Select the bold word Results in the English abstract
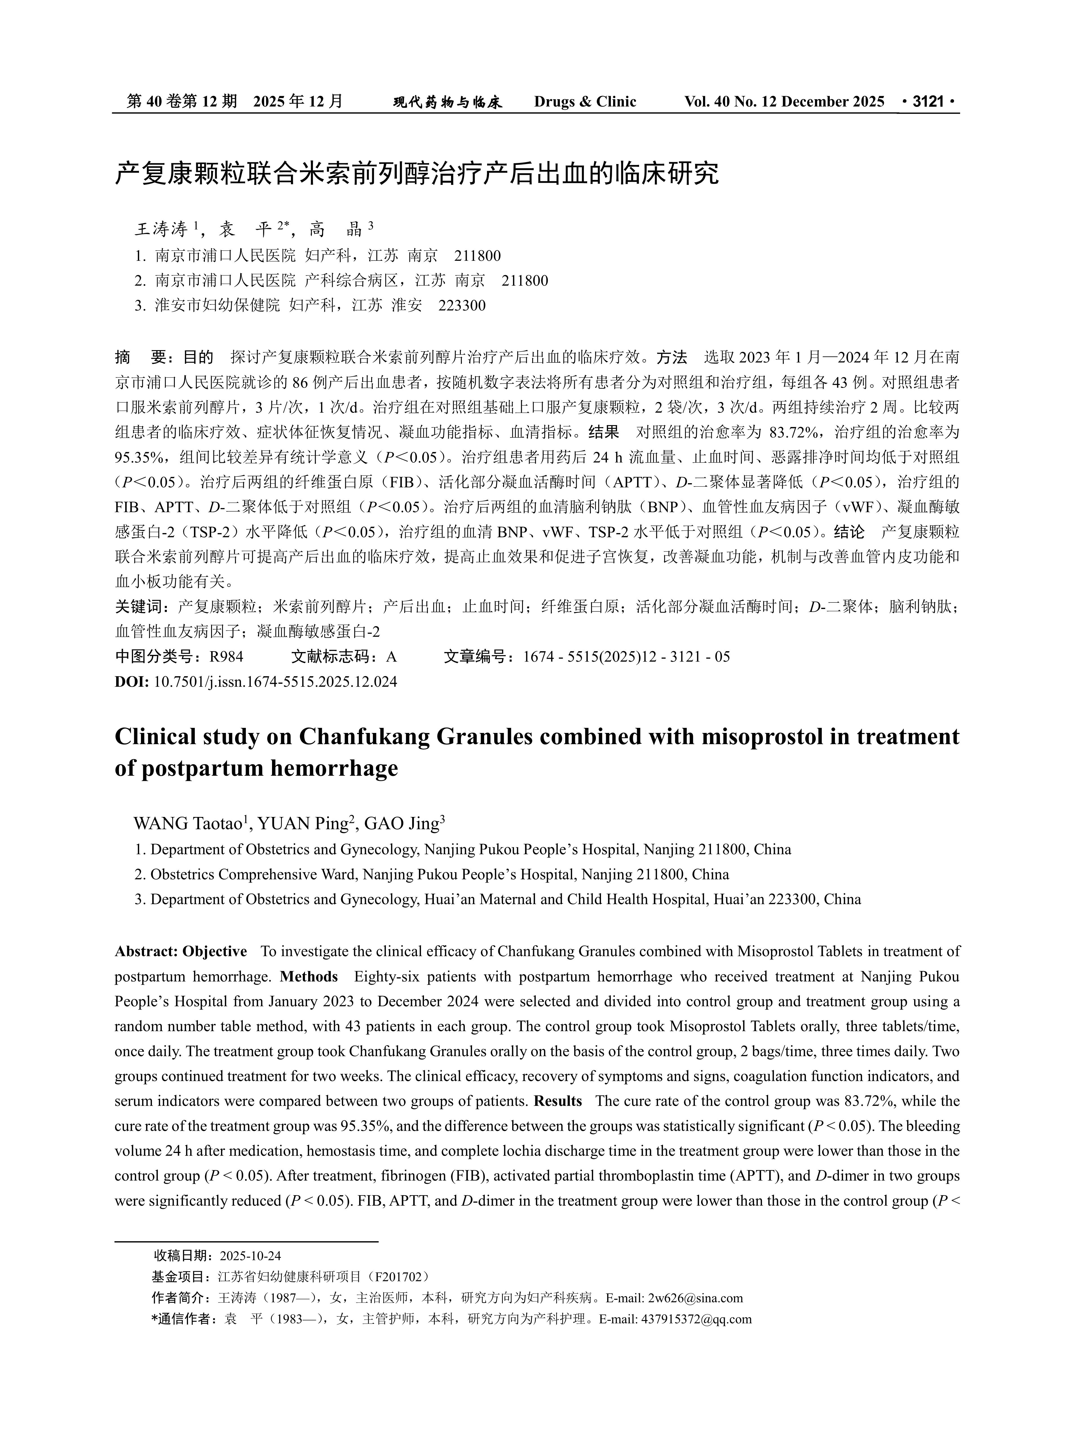click(x=558, y=1101)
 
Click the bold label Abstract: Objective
click(x=181, y=952)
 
